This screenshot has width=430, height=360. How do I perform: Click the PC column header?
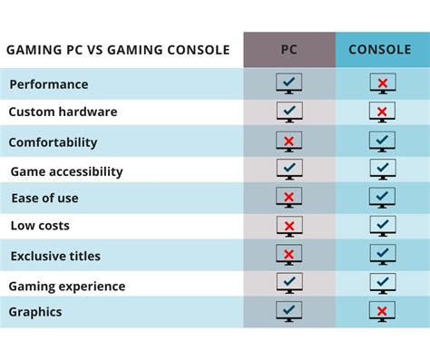tap(288, 50)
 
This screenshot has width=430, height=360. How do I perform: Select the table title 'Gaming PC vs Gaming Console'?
tap(118, 50)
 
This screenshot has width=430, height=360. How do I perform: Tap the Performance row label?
tap(49, 84)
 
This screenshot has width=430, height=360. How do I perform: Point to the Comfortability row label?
tap(53, 142)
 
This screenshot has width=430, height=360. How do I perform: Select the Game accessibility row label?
tap(66, 171)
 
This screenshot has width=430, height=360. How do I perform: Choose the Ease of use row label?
tap(44, 199)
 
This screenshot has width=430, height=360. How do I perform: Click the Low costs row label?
tap(40, 226)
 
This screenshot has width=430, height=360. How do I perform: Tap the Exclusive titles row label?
tap(55, 256)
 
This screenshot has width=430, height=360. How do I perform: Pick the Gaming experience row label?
tap(66, 287)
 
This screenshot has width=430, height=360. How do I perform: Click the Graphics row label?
tap(36, 312)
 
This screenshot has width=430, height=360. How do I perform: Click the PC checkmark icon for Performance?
tap(289, 84)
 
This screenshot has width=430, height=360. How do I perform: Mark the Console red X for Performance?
tap(382, 84)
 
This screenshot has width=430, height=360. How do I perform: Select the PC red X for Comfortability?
tap(289, 142)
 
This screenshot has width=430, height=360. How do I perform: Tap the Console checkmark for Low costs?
tap(382, 226)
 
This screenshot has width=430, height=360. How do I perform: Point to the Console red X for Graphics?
tap(382, 312)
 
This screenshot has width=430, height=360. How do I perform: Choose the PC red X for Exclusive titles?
tap(289, 255)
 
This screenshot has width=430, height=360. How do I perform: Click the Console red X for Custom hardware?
tap(382, 112)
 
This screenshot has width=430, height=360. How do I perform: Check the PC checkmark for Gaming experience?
tap(289, 284)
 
